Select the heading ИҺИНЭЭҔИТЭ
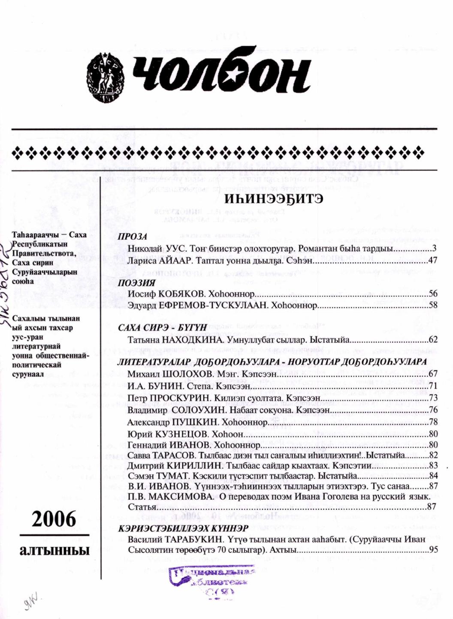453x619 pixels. click(273, 200)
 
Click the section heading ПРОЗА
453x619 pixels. click(133, 237)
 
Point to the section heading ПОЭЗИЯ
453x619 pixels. click(136, 283)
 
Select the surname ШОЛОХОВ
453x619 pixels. click(189, 374)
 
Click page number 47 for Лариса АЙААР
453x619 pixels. click(432, 260)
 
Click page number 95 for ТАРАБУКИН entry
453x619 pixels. click(432, 549)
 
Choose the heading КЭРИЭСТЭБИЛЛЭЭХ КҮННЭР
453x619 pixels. click(183, 528)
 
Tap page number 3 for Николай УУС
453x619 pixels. click(434, 249)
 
